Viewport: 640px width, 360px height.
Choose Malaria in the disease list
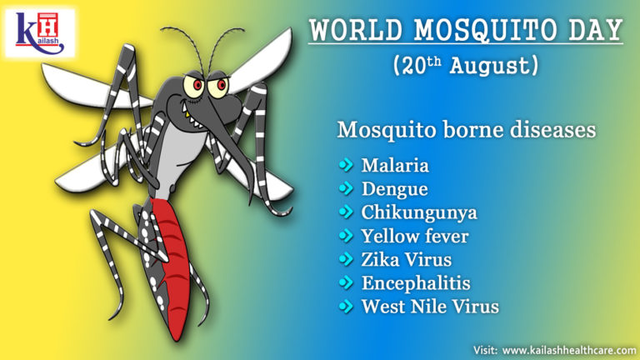coord(395,165)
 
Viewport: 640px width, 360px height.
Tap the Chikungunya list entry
coord(419,212)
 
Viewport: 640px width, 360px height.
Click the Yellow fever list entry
coord(415,236)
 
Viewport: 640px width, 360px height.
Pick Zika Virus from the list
coord(407,259)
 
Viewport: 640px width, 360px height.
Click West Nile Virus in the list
coord(430,306)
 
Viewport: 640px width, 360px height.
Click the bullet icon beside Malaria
coord(346,165)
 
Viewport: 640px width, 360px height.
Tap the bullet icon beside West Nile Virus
coord(346,306)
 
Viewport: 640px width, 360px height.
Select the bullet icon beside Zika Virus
coord(346,259)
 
